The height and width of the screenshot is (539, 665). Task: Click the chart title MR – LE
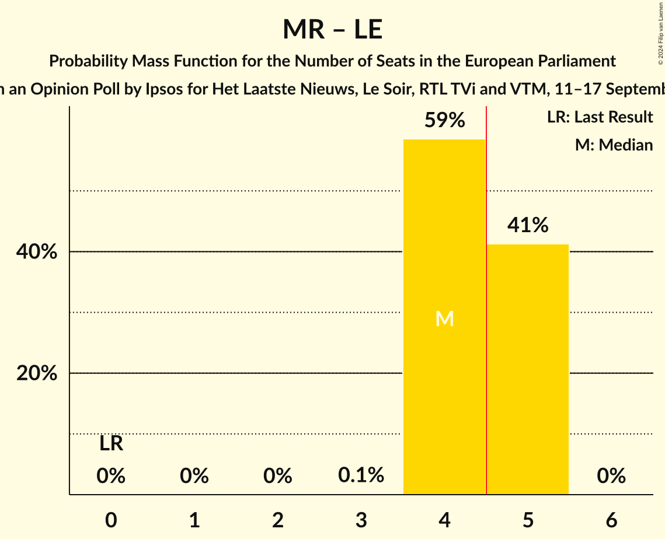coord(332,30)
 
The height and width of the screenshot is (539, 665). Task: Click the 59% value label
coord(444,121)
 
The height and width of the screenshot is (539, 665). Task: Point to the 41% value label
coord(528,225)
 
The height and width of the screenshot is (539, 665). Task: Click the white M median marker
coord(444,318)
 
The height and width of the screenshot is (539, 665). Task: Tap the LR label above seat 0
coord(111,444)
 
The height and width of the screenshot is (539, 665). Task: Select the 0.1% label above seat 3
coord(361,475)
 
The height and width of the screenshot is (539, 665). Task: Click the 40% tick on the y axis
coord(37,252)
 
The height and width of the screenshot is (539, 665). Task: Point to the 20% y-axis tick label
coord(37,373)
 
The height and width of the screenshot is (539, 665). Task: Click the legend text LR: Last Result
coord(600,117)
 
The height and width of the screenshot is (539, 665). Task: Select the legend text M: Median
coord(614,145)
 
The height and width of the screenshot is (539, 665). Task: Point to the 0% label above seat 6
coord(611,477)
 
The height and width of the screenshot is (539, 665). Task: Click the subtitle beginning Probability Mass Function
coord(332,61)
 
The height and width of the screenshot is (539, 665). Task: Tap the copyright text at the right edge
coord(660,33)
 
